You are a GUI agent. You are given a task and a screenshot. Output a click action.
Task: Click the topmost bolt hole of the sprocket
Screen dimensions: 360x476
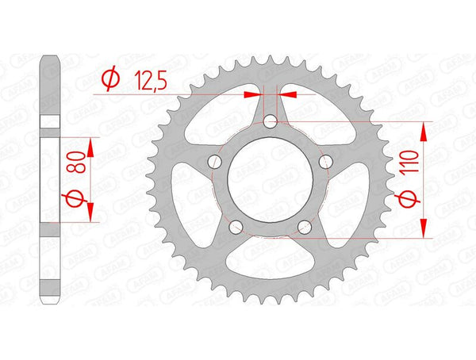click(x=270, y=122)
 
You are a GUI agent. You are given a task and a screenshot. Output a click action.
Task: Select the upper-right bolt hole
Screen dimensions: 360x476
click(x=324, y=163)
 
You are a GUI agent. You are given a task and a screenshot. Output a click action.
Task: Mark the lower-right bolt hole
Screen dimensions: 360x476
click(x=304, y=227)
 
